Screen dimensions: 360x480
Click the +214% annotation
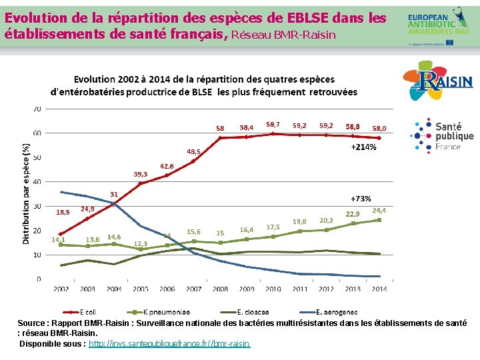(x=363, y=147)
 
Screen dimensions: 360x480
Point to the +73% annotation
(x=361, y=199)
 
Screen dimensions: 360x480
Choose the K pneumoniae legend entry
(x=163, y=312)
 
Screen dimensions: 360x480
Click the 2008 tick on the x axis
(x=219, y=289)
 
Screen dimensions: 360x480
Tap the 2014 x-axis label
(x=379, y=289)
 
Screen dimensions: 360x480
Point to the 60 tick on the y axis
(x=37, y=133)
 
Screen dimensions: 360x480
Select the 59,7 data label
(x=273, y=124)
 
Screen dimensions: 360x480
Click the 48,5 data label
(x=193, y=151)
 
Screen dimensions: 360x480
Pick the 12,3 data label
(x=140, y=243)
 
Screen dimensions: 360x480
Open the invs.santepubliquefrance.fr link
(x=169, y=344)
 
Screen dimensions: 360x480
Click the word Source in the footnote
(x=32, y=323)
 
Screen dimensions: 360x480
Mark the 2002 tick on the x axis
(x=61, y=289)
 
